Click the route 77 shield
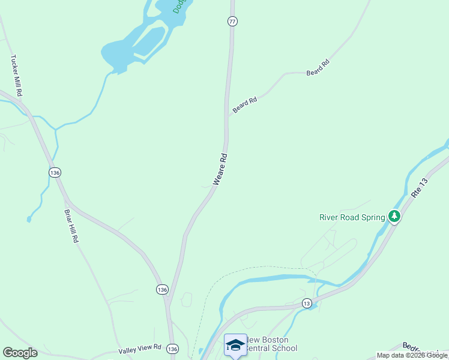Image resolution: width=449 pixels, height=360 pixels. click(233, 22)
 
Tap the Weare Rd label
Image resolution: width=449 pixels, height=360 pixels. click(220, 170)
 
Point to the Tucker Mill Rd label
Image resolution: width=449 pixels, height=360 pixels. click(16, 76)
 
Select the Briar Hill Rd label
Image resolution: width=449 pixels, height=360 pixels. click(71, 226)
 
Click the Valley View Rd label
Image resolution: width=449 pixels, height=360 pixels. click(140, 347)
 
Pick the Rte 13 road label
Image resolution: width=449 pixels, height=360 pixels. click(420, 188)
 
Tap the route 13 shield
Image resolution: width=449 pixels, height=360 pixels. click(307, 303)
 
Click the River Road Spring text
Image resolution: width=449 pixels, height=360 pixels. click(352, 217)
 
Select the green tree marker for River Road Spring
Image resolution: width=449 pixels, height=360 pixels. click(394, 216)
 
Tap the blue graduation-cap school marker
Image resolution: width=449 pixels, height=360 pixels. click(235, 344)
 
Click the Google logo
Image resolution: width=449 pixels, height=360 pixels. click(20, 353)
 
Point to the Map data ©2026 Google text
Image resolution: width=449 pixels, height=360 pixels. click(412, 355)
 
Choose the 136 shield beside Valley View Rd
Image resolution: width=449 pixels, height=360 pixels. click(173, 349)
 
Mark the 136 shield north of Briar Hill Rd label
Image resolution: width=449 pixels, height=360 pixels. click(55, 172)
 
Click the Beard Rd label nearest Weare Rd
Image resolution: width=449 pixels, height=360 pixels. click(245, 105)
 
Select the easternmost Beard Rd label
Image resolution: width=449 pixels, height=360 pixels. click(318, 67)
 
